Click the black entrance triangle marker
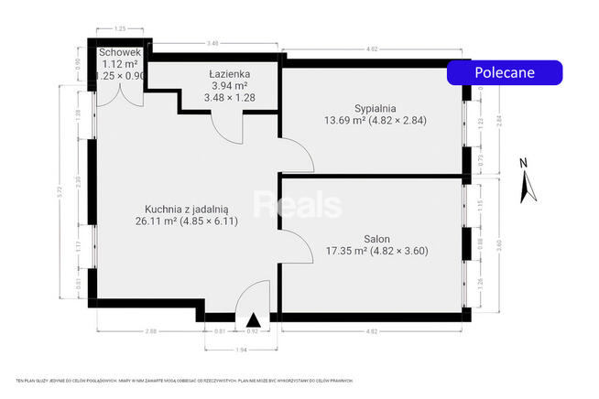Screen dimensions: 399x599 (x=252, y=319)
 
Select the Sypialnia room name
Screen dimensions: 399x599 (x=353, y=106)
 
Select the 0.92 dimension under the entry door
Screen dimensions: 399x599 (x=254, y=330)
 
